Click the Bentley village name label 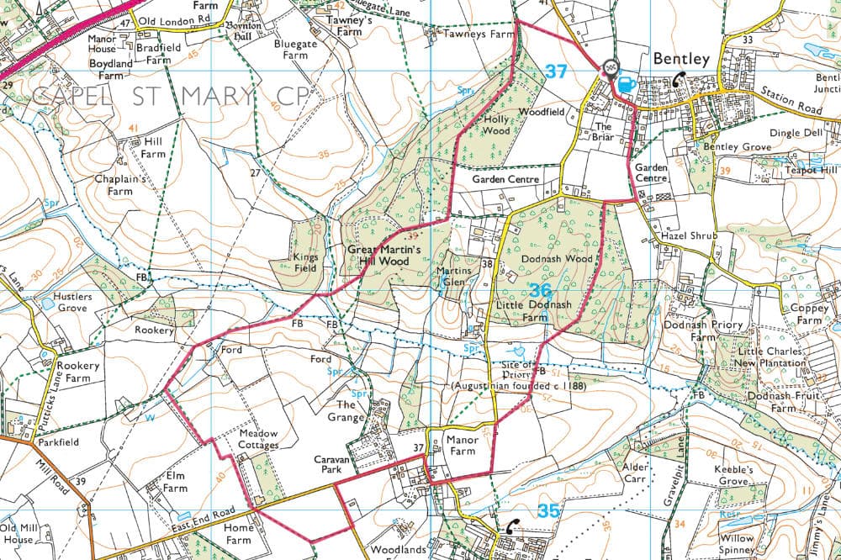point(681,59)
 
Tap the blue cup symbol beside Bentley point(626,83)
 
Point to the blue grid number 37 point(556,72)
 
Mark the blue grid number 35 point(548,510)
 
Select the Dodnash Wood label point(557,259)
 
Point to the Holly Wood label point(496,124)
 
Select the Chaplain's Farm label point(120,185)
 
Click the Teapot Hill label point(810,170)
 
